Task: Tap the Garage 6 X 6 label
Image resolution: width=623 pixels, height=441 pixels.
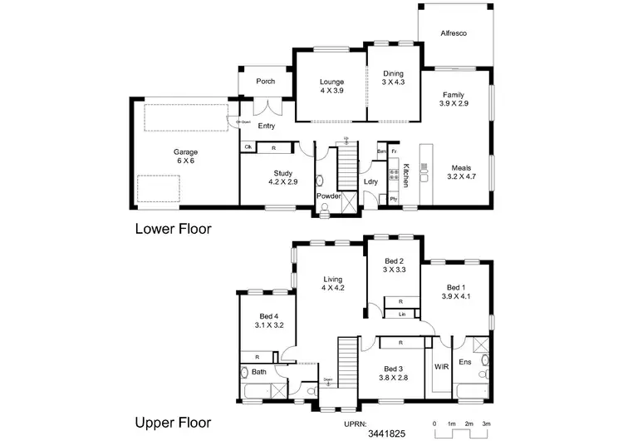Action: pos(184,157)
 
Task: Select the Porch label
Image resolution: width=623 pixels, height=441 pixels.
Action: pos(265,82)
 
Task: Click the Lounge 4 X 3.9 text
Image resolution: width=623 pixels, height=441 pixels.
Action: pos(332,86)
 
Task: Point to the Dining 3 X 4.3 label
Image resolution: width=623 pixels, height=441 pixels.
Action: pos(393,78)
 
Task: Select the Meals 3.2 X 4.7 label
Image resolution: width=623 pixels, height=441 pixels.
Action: pos(459,172)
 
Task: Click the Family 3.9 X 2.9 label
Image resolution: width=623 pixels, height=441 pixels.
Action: pos(454,100)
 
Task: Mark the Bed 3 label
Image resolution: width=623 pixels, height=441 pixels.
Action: pos(394,374)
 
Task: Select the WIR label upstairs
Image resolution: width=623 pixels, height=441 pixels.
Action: pos(441,366)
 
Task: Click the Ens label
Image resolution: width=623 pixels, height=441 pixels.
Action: pos(464,363)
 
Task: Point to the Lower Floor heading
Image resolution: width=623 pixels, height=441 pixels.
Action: pos(173,227)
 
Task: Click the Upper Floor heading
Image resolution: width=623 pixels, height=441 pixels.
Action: pos(173,422)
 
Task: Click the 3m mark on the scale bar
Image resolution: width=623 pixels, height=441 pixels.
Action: pos(486,424)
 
